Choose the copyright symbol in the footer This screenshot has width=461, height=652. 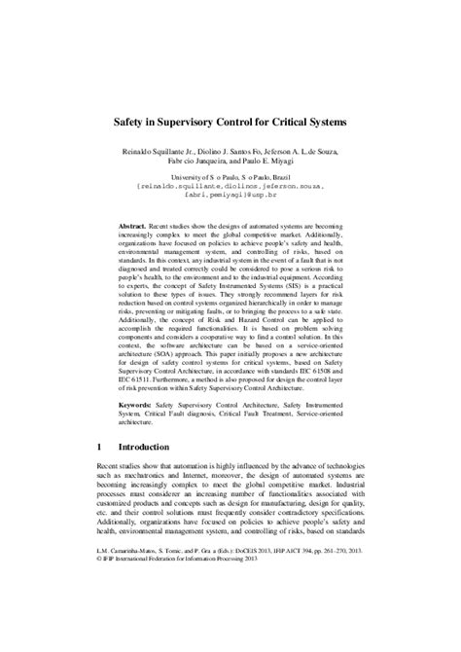pos(101,627)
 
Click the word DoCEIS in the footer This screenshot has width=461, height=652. pos(227,618)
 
